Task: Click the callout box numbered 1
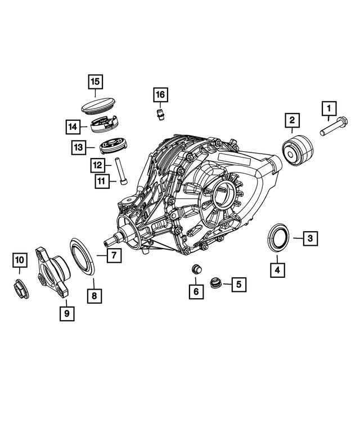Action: (329, 107)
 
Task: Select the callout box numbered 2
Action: (292, 120)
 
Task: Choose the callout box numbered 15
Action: (96, 83)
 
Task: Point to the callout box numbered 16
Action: (160, 94)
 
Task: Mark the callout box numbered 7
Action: (112, 255)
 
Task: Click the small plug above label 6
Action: (197, 269)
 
